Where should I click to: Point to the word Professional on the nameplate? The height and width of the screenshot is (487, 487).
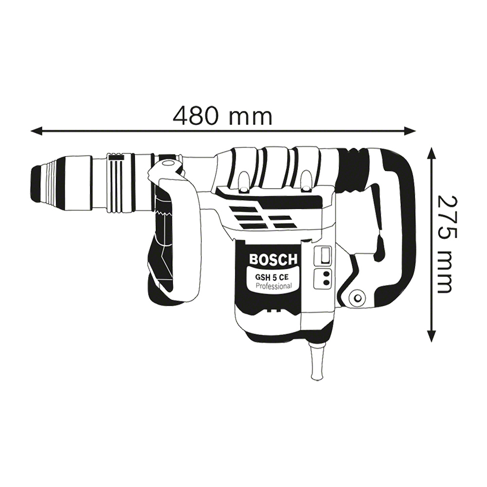[273, 286]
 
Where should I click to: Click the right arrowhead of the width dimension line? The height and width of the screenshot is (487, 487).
[410, 131]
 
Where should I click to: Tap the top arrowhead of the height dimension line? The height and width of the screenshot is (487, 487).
[431, 154]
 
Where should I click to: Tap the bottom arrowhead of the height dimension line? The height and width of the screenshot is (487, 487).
[431, 336]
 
